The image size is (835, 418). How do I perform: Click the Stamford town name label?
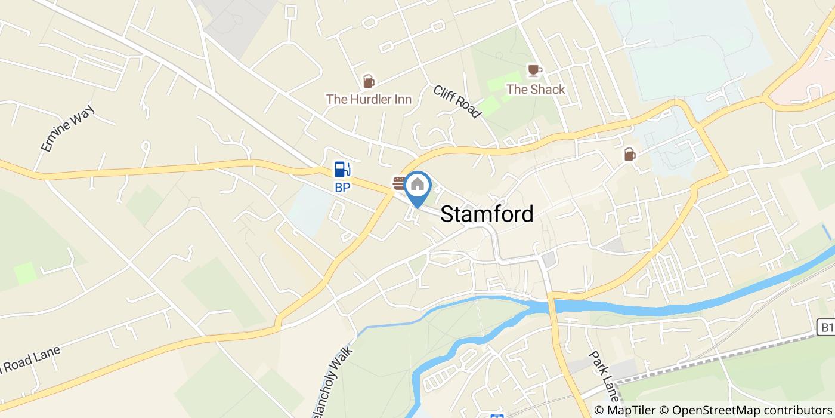(x=487, y=214)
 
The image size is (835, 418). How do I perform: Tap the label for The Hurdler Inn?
(x=369, y=99)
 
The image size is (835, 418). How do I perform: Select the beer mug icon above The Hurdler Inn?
(x=369, y=81)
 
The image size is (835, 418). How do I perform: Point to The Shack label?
(x=535, y=90)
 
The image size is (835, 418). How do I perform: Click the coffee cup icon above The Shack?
(x=534, y=70)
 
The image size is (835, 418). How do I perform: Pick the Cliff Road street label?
(x=457, y=102)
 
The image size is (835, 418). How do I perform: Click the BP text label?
(x=342, y=187)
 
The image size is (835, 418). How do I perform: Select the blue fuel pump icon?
(x=341, y=170)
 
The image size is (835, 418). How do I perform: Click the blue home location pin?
(x=417, y=186)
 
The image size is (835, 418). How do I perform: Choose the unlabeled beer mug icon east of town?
(x=630, y=155)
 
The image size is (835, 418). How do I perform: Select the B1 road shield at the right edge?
(x=825, y=327)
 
